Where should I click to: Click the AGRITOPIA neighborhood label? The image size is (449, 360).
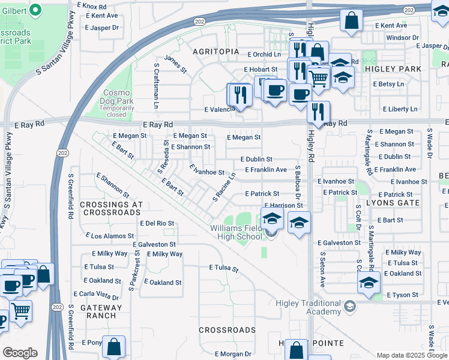coord(215,52)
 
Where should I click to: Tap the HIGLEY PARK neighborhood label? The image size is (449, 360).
coord(393,69)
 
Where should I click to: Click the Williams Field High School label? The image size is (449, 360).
coord(237,232)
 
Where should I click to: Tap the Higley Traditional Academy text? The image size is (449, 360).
coord(308,307)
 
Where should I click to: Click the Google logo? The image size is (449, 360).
coord(20,352)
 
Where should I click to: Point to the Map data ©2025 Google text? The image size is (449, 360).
coord(411,355)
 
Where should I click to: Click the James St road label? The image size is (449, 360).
coord(176,64)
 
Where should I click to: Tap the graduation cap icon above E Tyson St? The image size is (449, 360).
coord(369,282)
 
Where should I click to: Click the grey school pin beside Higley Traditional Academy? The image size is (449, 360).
coord(349,307)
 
